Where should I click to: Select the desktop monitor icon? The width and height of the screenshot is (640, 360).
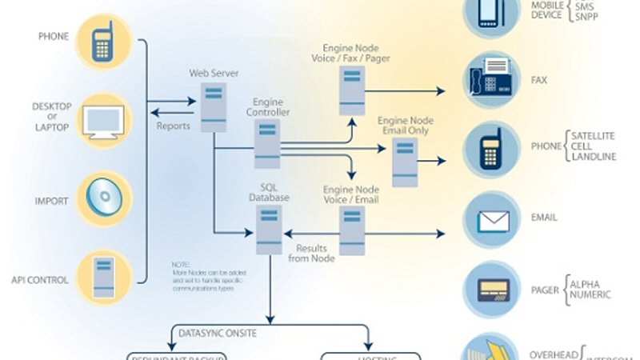pyautogui.click(x=105, y=121)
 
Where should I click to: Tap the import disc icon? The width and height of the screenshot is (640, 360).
pyautogui.click(x=104, y=198)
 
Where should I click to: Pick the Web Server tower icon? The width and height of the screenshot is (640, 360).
pyautogui.click(x=213, y=106)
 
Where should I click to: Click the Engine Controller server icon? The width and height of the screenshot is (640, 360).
pyautogui.click(x=266, y=143)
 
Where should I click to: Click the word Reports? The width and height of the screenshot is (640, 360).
pyautogui.click(x=174, y=126)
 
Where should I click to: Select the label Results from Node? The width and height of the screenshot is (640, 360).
pyautogui.click(x=312, y=254)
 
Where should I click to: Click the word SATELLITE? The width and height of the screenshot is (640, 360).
pyautogui.click(x=594, y=135)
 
